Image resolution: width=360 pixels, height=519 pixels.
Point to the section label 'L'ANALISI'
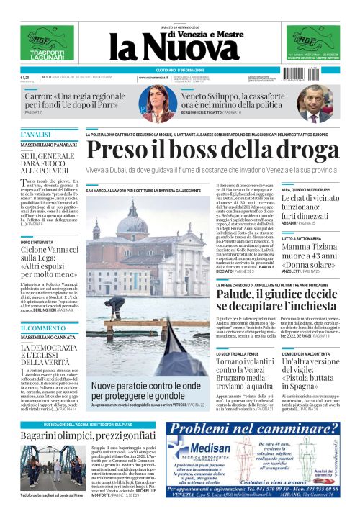pyautogui.click(x=36, y=135)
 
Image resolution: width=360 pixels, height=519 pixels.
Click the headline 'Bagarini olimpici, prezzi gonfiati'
pyautogui.click(x=80, y=436)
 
